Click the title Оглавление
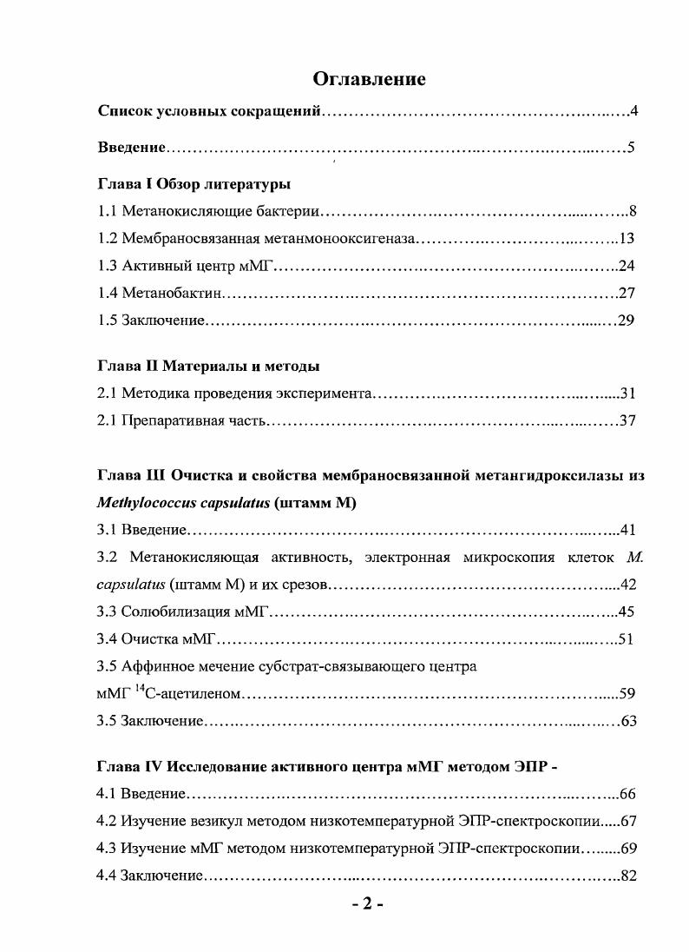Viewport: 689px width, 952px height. tap(369, 79)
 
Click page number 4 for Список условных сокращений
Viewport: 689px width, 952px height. tap(634, 111)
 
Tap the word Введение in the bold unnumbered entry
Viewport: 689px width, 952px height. tap(131, 147)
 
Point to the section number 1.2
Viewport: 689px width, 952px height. tap(107, 238)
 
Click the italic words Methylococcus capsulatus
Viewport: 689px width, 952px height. tap(183, 503)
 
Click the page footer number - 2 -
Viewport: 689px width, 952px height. tap(368, 904)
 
